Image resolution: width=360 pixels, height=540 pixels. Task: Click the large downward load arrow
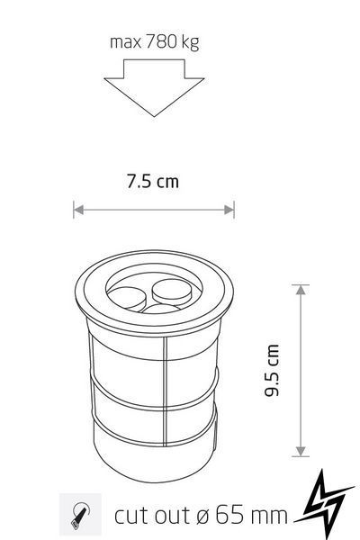154,87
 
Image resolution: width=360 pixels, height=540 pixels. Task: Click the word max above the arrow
125,43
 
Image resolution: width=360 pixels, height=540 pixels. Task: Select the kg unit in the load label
190,43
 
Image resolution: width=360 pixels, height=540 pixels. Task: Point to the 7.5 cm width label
153,181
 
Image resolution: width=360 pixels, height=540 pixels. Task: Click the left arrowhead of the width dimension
78,210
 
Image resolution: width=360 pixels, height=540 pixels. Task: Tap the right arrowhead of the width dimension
229,210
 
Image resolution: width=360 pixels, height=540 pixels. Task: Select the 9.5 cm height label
272,370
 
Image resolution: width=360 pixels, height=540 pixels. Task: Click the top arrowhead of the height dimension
301,290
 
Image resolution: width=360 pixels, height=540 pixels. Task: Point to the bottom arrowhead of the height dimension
301,452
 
